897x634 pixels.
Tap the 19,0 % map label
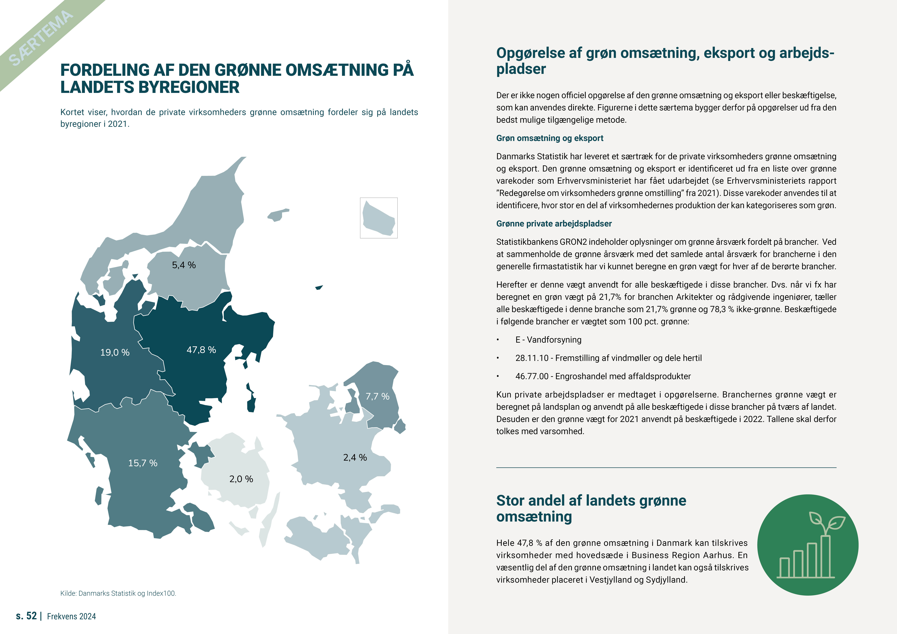coord(115,352)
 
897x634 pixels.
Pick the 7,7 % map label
coord(377,397)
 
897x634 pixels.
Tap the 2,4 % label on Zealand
coord(355,457)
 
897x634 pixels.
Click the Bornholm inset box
coord(379,218)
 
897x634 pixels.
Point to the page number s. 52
coord(26,616)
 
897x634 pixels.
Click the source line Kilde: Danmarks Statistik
coord(118,593)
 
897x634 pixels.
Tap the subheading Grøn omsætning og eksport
coord(550,138)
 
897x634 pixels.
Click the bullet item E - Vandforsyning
coord(548,340)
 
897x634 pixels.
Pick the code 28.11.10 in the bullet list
coord(532,358)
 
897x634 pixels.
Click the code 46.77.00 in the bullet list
coord(532,377)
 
